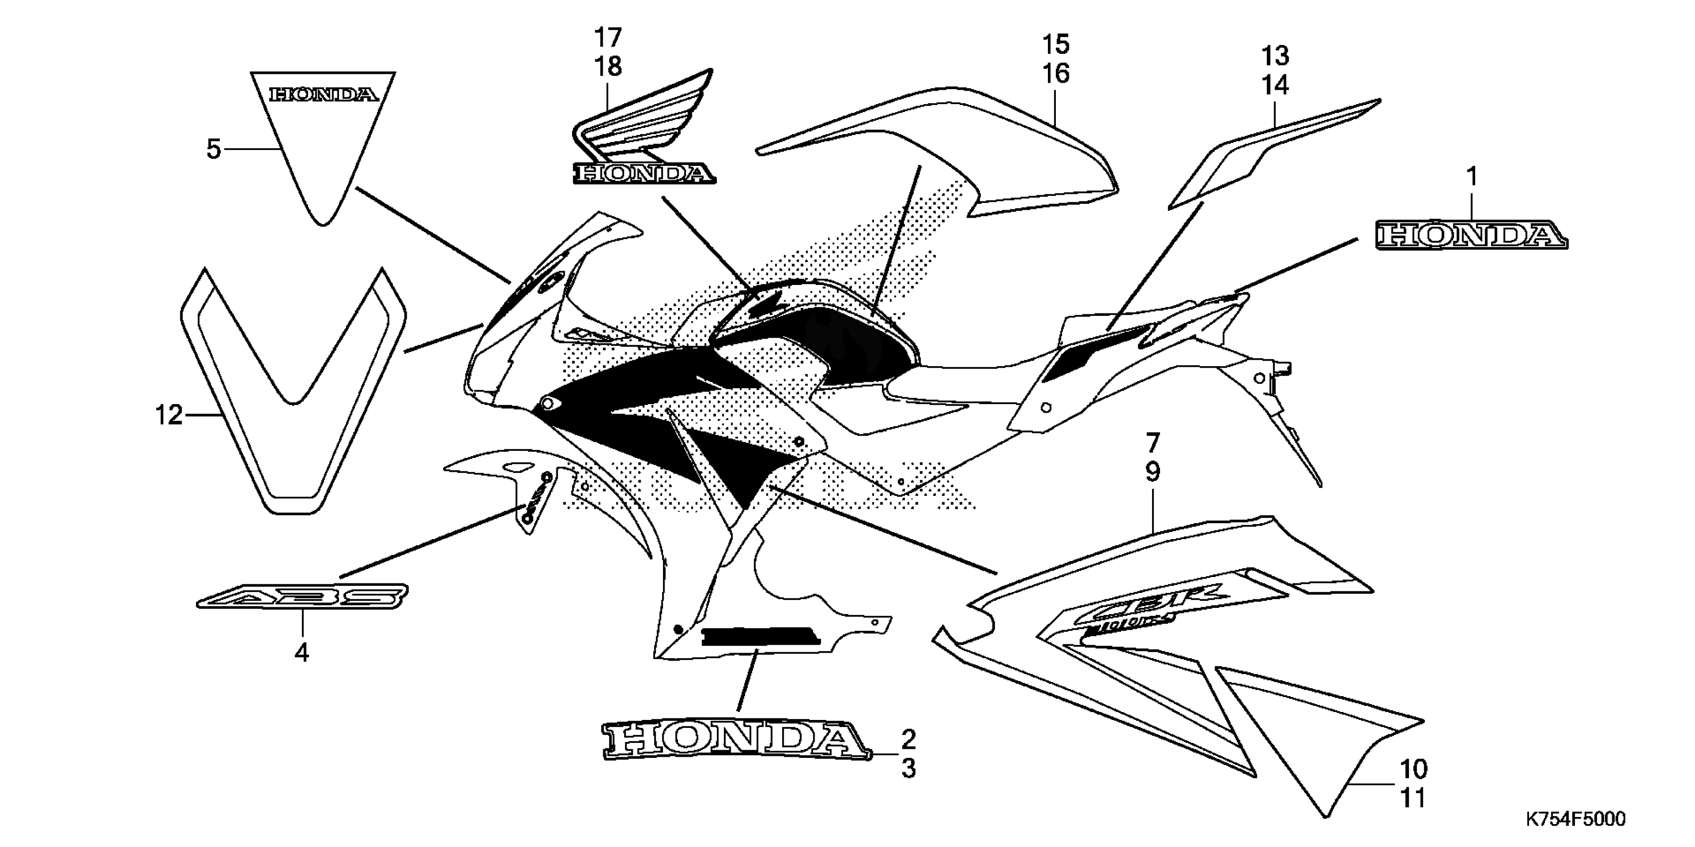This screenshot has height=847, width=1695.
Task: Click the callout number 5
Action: tap(213, 149)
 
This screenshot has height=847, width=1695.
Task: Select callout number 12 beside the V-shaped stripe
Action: tap(169, 416)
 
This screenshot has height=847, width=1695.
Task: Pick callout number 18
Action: tap(608, 66)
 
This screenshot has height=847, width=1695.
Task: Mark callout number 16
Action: tap(1055, 74)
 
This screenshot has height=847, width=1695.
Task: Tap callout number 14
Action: tap(1275, 86)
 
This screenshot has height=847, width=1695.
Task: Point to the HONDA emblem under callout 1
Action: tap(1471, 236)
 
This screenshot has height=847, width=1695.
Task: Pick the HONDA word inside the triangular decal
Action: tap(324, 95)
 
